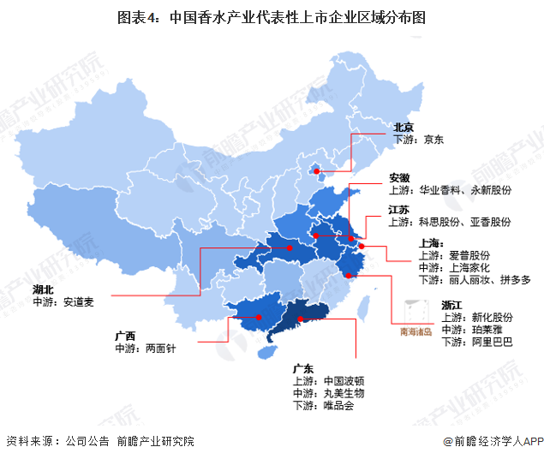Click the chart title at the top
click(x=272, y=17)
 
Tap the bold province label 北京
click(x=404, y=128)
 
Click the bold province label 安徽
click(x=399, y=177)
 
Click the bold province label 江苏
click(x=399, y=209)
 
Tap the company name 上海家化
click(x=469, y=267)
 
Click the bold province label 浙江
click(x=452, y=305)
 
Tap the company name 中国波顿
click(x=344, y=380)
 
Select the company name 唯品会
click(x=338, y=405)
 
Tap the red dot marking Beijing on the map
click(x=317, y=171)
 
